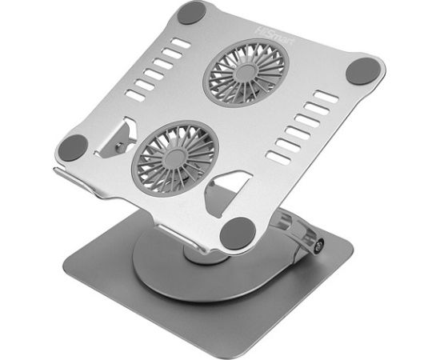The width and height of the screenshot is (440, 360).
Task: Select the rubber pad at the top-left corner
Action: [192, 13]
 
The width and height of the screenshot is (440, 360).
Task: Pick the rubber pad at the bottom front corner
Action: [238, 233]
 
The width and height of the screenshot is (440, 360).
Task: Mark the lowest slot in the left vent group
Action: [137, 95]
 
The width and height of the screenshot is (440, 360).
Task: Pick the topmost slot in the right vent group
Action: [325, 97]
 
